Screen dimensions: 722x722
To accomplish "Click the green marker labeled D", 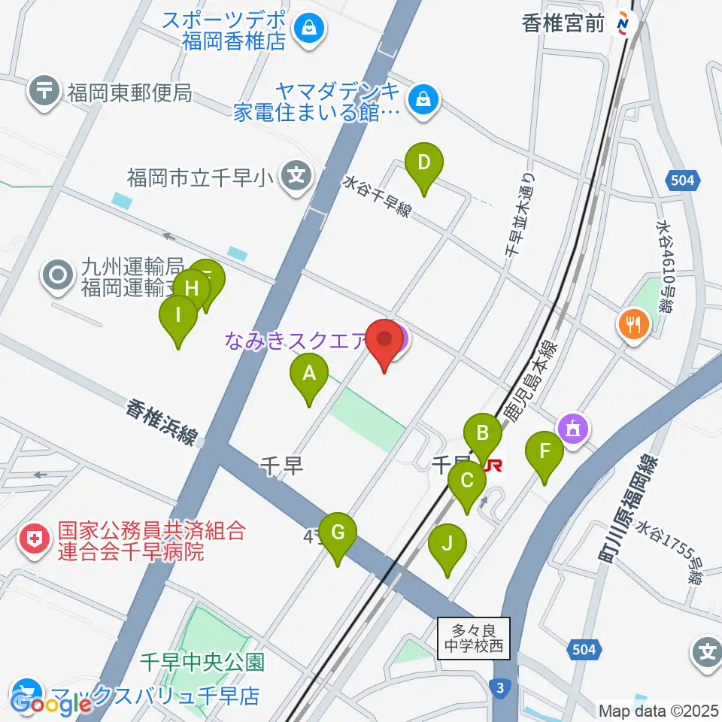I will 424,163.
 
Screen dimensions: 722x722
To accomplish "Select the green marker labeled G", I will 338,534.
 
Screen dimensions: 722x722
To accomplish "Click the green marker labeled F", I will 546,454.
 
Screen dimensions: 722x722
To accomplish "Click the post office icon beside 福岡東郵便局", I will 44,93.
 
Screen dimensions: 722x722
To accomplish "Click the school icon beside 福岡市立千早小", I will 298,177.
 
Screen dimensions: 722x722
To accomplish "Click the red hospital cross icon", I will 33,540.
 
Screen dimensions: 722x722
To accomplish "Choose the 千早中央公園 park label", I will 202,662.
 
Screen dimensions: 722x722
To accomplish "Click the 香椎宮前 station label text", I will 563,23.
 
